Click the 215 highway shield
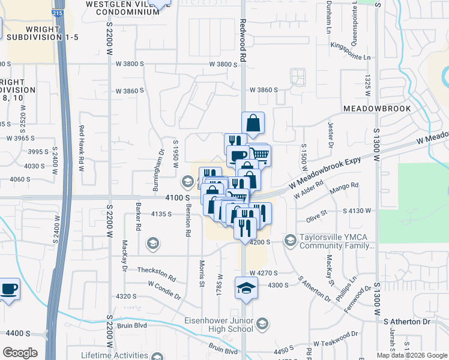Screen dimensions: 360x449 [x=56, y=12]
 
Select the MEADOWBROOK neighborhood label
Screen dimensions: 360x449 [x=377, y=109]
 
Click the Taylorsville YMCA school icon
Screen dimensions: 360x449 [x=290, y=241]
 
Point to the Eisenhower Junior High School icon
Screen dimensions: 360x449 [x=262, y=325]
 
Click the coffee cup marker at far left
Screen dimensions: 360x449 [x=8, y=289]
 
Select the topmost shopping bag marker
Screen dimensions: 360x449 [x=253, y=123]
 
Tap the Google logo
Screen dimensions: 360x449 [x=20, y=353]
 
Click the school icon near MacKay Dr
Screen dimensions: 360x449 [x=152, y=242]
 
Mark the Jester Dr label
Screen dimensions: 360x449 [x=330, y=134]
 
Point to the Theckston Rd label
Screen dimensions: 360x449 [x=156, y=274]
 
